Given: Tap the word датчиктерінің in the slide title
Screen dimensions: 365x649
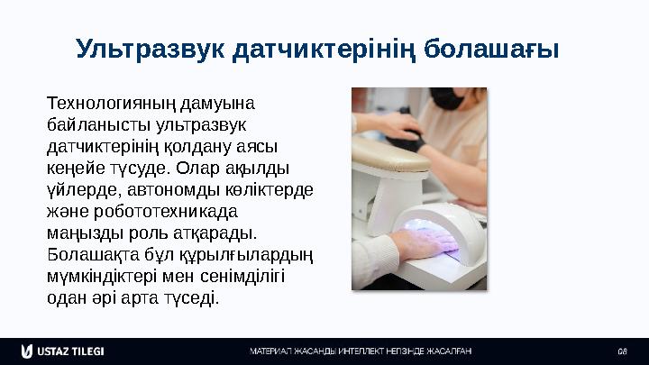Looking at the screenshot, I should click(x=326, y=48).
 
